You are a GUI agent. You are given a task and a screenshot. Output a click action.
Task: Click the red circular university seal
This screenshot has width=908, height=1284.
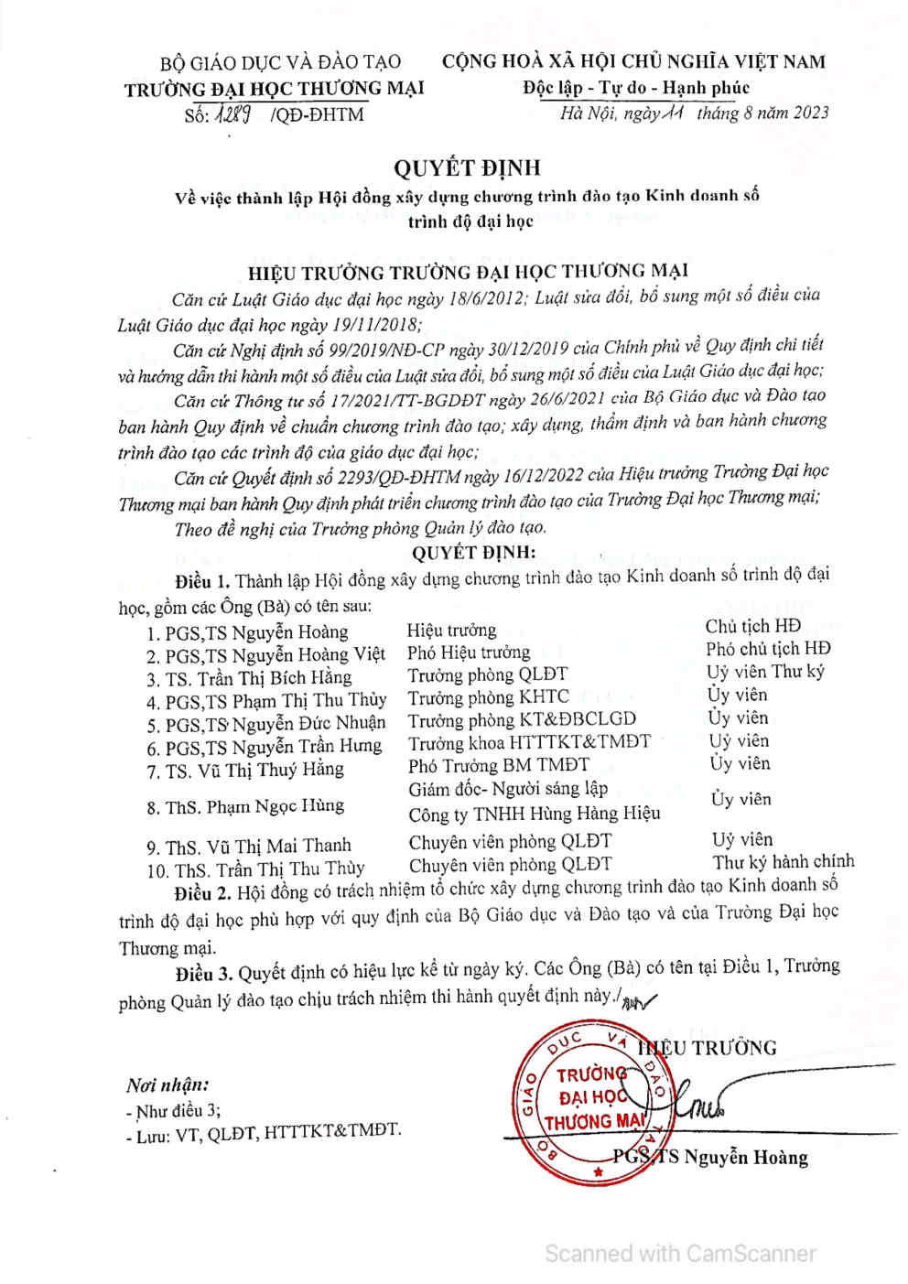click(x=594, y=1103)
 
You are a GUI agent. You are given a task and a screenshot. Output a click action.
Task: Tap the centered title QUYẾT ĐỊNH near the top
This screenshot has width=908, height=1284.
click(x=467, y=167)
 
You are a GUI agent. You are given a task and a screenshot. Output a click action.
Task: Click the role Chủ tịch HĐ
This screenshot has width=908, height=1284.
click(x=752, y=626)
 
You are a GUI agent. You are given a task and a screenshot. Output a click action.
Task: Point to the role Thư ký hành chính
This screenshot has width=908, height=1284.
click(x=783, y=862)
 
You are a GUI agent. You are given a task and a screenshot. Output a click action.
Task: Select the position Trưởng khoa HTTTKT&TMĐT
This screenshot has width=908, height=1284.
click(x=529, y=742)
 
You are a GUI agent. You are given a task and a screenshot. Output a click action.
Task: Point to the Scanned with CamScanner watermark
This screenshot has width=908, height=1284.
click(x=679, y=1253)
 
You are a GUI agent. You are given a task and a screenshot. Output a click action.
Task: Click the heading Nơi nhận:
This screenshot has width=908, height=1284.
click(x=168, y=1085)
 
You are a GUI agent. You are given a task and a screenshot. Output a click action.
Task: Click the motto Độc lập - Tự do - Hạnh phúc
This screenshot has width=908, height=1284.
click(x=636, y=88)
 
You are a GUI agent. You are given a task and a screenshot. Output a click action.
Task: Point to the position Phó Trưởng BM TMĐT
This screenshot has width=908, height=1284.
click(x=498, y=765)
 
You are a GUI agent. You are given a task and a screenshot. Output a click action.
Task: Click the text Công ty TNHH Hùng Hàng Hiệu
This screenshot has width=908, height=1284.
click(x=534, y=814)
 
